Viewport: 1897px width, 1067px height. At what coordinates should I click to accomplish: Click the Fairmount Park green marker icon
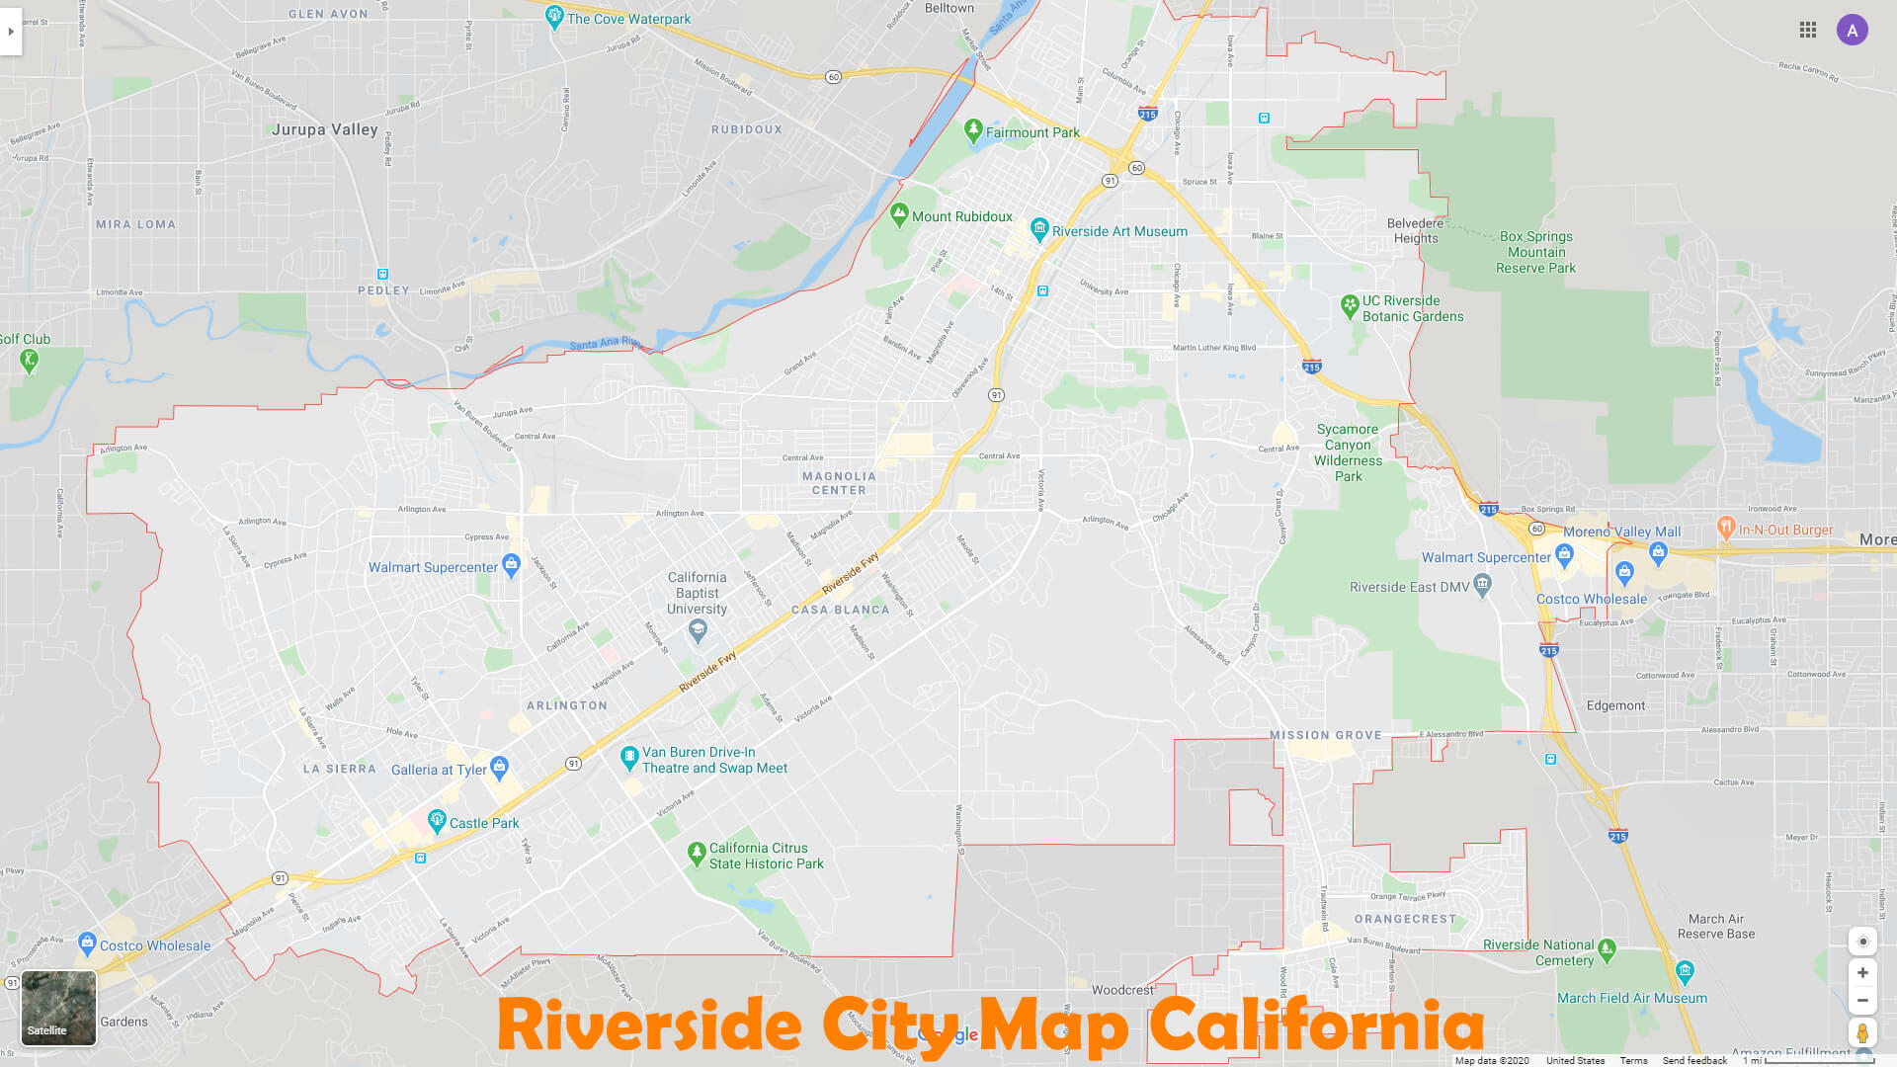973,129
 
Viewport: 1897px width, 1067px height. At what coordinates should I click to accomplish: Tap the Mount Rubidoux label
961,216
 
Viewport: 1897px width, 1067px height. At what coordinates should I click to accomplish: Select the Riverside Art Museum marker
1039,229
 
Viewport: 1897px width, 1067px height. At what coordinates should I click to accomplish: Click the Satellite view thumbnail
58,1008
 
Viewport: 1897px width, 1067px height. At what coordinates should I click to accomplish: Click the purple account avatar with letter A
1852,30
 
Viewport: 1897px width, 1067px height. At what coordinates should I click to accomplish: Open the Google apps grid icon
1808,30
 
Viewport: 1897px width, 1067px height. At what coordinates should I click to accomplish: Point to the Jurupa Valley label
325,129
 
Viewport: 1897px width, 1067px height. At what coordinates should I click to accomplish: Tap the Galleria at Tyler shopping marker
500,766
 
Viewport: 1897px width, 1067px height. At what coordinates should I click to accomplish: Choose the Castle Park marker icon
437,820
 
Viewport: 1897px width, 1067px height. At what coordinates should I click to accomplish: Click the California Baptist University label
697,593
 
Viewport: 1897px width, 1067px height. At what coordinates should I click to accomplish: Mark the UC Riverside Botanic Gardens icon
1350,305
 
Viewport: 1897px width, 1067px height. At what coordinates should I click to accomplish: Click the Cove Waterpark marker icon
554,16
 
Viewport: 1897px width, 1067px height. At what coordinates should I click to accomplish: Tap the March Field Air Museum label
1632,998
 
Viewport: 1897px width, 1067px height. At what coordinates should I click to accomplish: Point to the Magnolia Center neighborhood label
839,483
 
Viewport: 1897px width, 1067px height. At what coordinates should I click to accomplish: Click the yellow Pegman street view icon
1862,1033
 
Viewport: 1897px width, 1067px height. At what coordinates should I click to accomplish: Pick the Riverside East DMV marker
1482,585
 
